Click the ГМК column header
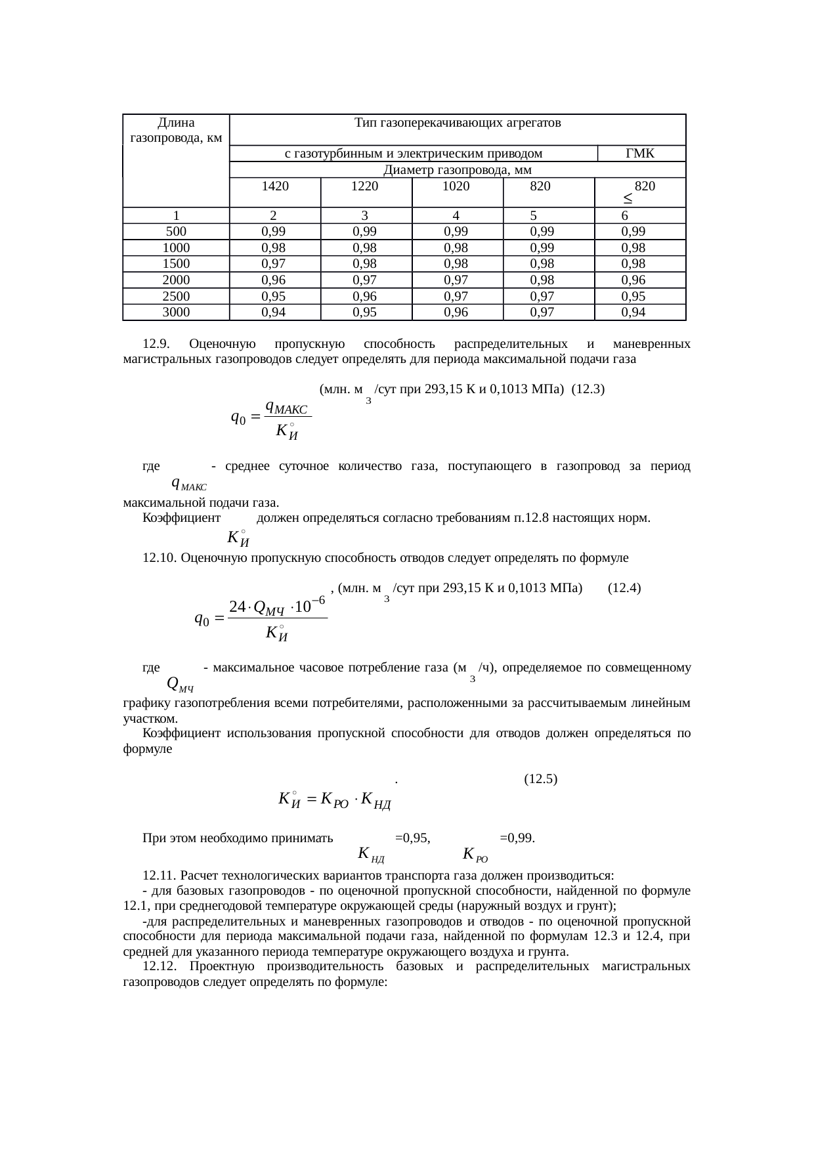(x=641, y=154)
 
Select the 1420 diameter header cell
(x=274, y=186)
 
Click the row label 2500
(x=176, y=296)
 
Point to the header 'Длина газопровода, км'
(x=176, y=130)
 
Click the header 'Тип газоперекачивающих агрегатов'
(x=457, y=123)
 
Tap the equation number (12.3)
(x=588, y=389)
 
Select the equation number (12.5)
(x=541, y=779)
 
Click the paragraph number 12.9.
(x=156, y=344)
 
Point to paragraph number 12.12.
(x=160, y=967)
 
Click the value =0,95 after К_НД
(x=412, y=838)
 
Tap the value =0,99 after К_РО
(x=517, y=838)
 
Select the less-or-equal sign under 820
(x=628, y=198)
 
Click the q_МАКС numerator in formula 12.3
(x=285, y=408)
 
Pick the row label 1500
(x=176, y=264)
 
